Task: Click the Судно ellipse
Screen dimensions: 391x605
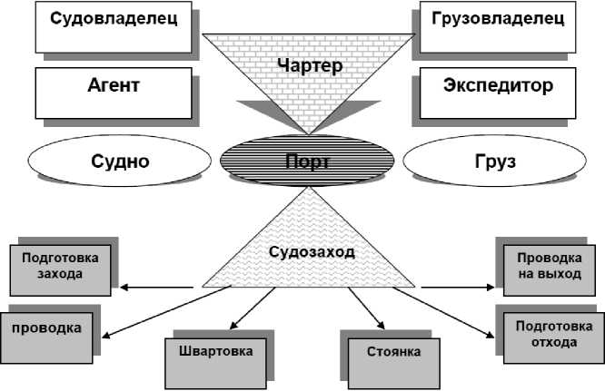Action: pos(119,162)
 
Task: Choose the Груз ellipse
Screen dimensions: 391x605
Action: pos(494,162)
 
